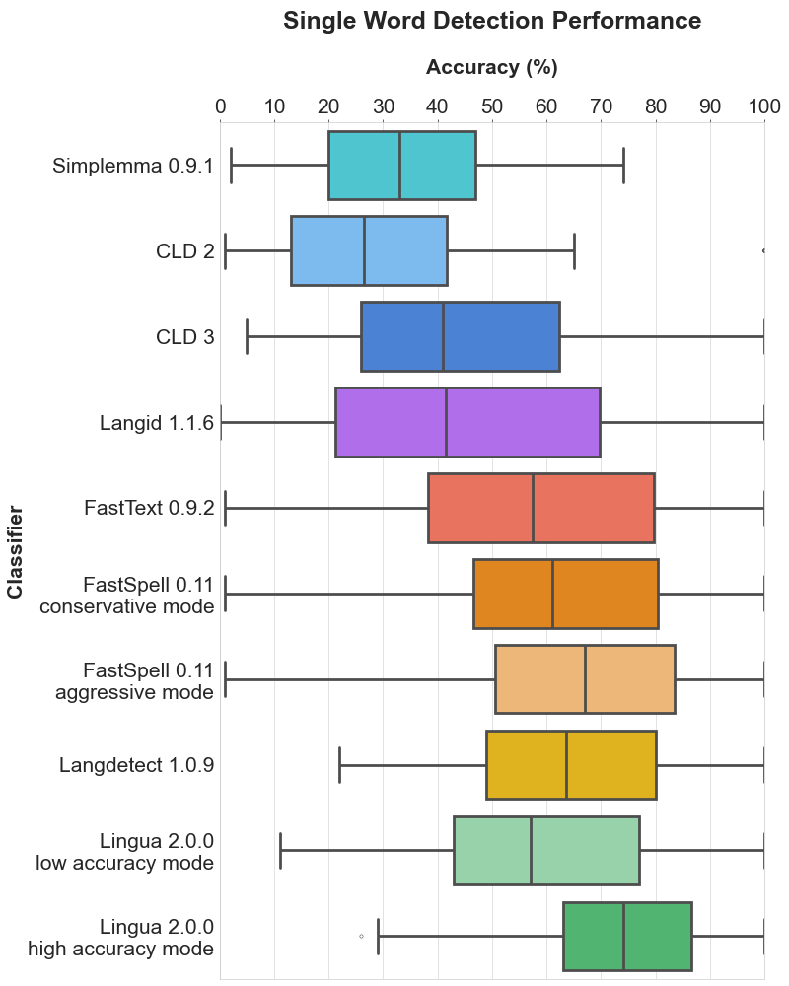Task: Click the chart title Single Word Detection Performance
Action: click(x=492, y=21)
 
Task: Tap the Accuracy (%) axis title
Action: click(x=492, y=68)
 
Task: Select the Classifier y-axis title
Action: click(x=15, y=551)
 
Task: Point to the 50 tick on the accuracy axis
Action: click(x=492, y=106)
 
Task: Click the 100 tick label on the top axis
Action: click(x=764, y=106)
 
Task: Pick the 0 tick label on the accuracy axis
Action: click(x=221, y=106)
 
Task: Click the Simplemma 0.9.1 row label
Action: click(x=133, y=166)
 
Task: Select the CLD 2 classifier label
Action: click(x=184, y=251)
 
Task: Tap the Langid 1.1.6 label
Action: click(x=157, y=423)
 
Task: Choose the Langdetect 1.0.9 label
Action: click(x=136, y=765)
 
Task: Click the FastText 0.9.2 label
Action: click(x=150, y=509)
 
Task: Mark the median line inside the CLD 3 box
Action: click(x=443, y=337)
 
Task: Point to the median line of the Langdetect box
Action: click(x=566, y=765)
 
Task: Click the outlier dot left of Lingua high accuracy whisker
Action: click(x=361, y=936)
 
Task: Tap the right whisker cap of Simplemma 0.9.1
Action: click(x=623, y=166)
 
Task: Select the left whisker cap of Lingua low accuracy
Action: click(x=280, y=851)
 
